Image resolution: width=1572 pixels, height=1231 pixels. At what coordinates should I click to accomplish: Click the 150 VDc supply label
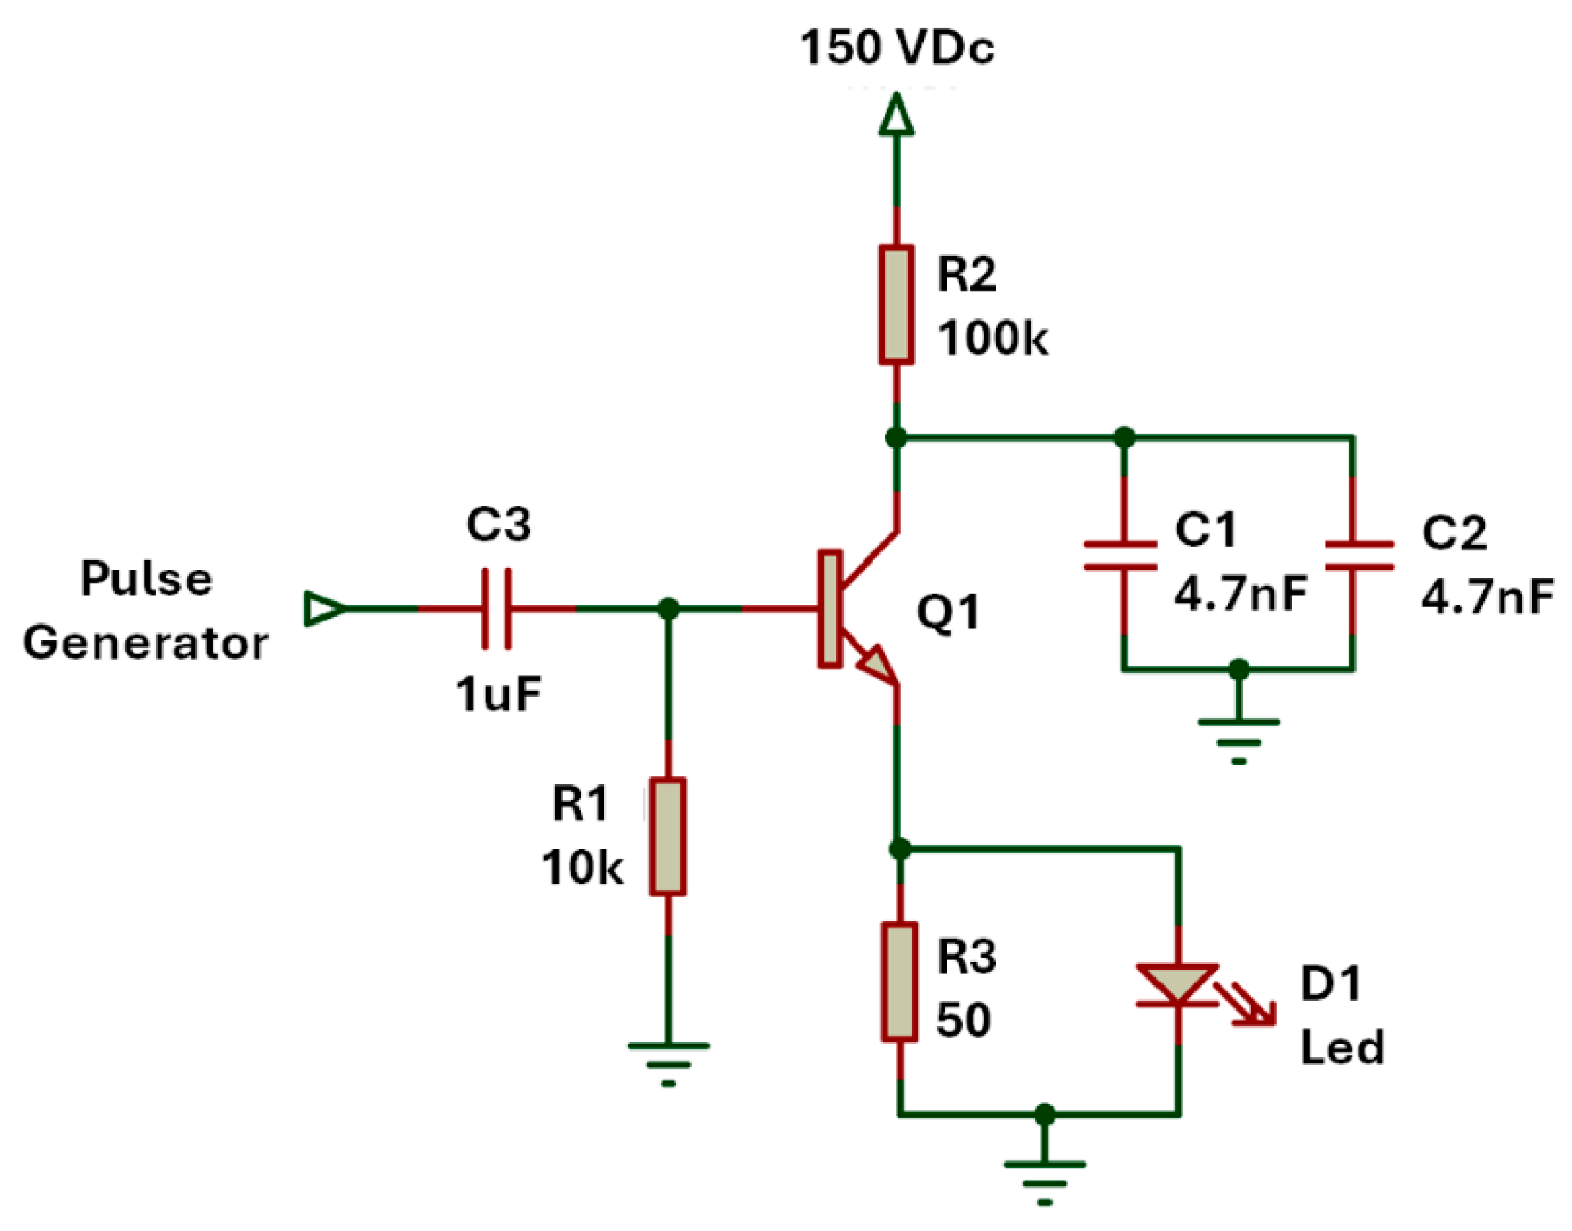(x=897, y=48)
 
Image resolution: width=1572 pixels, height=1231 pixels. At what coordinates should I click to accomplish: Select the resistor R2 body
(x=896, y=305)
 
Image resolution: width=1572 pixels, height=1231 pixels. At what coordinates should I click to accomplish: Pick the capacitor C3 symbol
(x=497, y=609)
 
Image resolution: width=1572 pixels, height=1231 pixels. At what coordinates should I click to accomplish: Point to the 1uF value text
(x=498, y=695)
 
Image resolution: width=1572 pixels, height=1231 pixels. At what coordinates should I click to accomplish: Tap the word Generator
(x=146, y=643)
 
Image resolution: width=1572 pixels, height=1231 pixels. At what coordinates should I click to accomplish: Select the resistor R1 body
(x=667, y=837)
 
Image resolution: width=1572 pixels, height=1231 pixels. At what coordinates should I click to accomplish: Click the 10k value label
(x=581, y=867)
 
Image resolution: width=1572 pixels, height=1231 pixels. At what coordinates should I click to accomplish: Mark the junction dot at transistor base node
(x=669, y=609)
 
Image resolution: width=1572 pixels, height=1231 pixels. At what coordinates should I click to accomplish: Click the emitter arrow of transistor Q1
(x=877, y=665)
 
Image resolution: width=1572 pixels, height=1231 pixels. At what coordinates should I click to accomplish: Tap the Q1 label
(x=948, y=612)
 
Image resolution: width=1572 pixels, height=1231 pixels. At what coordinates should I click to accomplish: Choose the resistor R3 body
(x=899, y=982)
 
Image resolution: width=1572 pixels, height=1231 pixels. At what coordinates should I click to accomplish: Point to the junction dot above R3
(x=899, y=849)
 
